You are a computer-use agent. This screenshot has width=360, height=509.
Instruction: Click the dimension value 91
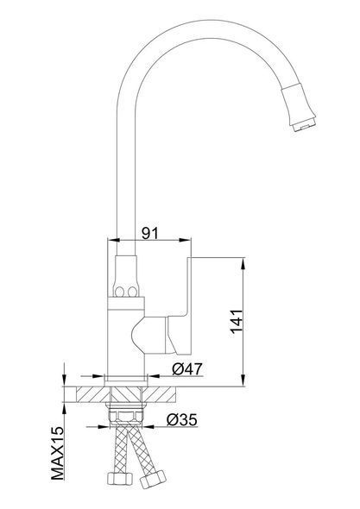pos(150,233)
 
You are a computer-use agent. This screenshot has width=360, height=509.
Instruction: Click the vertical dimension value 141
pos(237,322)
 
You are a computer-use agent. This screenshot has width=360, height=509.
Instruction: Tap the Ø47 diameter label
pos(187,368)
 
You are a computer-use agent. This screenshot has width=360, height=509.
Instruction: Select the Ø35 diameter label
pos(182,420)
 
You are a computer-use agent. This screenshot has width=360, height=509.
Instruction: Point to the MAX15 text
pos(58,453)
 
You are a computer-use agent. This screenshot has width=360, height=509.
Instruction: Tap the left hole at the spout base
pos(119,292)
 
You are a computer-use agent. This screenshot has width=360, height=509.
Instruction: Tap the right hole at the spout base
pos(132,292)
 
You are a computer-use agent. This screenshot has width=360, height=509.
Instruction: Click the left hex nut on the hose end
pos(119,479)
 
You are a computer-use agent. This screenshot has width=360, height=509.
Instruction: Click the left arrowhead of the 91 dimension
pos(113,240)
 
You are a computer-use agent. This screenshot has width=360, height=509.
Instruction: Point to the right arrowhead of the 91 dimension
pos(185,240)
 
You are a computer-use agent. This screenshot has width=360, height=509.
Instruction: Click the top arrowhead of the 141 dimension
pos(243,263)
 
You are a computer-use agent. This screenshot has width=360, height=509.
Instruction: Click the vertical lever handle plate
pos(189,305)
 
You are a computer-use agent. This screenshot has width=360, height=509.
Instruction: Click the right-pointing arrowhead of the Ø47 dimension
pos(98,376)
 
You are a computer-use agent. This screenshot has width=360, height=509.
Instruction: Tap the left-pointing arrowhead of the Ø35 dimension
pos(148,427)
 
